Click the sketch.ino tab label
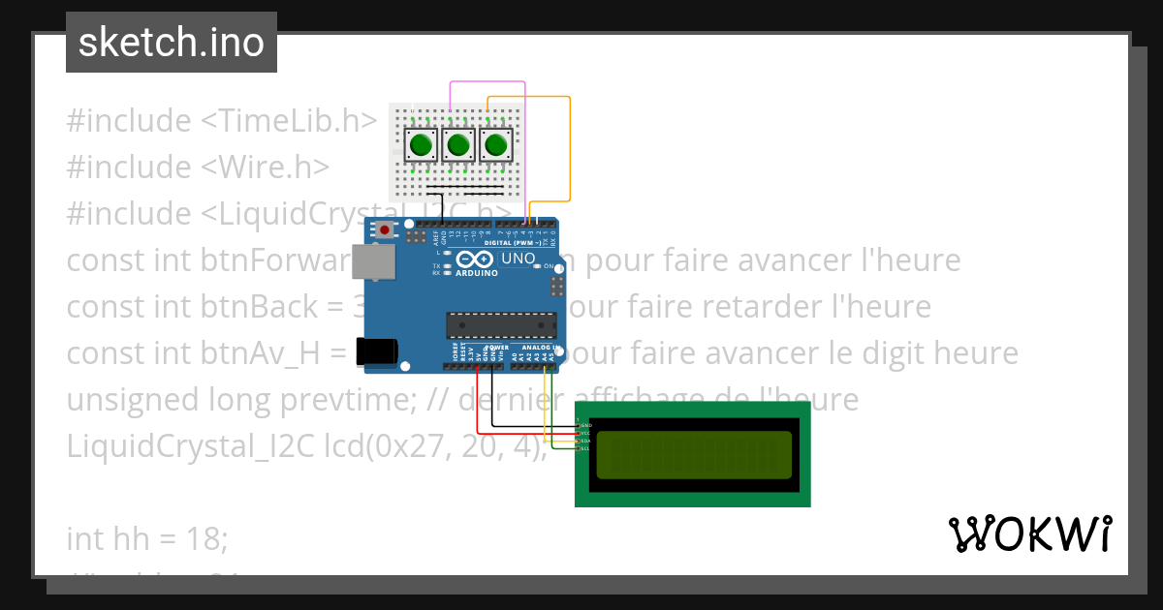point(171,43)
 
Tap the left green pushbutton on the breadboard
point(420,145)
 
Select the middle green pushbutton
point(457,145)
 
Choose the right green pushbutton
point(495,145)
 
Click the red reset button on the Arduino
point(385,230)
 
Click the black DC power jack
point(376,351)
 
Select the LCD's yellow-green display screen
point(693,454)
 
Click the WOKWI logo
point(1029,534)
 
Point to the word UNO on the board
point(518,259)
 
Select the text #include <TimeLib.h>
point(221,121)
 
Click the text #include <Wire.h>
point(198,168)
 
